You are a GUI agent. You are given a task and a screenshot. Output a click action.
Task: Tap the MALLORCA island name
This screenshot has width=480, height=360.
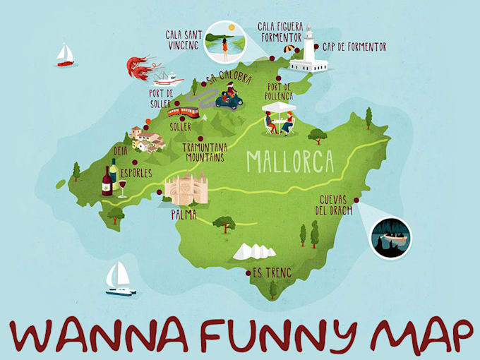(289, 162)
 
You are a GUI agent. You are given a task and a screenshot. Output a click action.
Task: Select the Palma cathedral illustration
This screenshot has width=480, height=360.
(186, 188)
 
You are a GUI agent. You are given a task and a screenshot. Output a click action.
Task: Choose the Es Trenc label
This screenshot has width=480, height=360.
(272, 272)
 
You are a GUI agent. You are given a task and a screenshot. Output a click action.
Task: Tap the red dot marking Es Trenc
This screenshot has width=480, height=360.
(247, 273)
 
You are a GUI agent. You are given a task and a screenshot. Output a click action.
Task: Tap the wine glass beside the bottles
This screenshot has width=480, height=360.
(121, 188)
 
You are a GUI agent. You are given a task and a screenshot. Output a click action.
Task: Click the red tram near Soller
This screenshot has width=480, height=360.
(183, 111)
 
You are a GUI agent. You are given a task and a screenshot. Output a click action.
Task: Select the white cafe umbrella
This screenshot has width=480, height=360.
(279, 107)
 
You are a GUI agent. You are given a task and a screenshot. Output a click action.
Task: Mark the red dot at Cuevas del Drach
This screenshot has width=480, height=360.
(356, 200)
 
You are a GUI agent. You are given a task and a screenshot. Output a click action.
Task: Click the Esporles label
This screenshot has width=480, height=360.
(136, 172)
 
